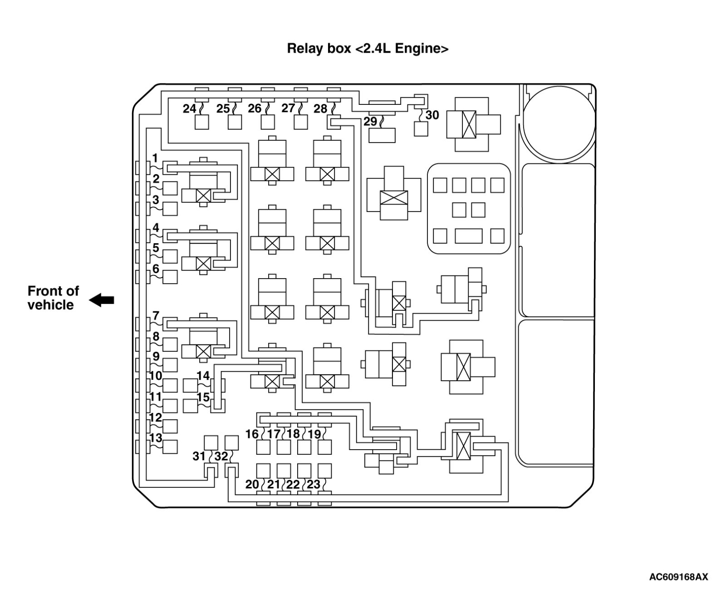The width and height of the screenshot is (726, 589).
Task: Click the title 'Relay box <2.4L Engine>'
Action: [x=368, y=49]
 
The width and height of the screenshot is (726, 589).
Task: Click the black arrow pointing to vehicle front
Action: [x=102, y=300]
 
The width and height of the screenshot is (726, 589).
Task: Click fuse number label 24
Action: [x=189, y=109]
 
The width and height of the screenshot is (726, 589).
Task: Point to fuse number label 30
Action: [x=432, y=115]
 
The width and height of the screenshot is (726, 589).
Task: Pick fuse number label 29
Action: [x=370, y=122]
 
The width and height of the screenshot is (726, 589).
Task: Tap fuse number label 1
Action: [x=155, y=158]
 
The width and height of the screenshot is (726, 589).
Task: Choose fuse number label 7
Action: [x=156, y=315]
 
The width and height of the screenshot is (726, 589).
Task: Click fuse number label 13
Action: [x=156, y=438]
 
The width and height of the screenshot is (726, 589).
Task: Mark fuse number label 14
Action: [x=203, y=376]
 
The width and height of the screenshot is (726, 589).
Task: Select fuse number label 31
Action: [x=199, y=456]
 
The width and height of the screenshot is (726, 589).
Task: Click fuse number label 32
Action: [x=221, y=456]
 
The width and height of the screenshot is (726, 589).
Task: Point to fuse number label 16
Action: [x=252, y=434]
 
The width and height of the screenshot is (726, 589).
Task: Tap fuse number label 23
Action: [x=314, y=484]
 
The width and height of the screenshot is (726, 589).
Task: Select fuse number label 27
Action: [x=288, y=108]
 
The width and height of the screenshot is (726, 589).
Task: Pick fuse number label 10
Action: [x=156, y=376]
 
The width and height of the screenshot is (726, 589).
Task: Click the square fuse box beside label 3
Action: [x=170, y=209]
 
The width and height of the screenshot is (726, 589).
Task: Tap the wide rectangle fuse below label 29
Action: [x=382, y=135]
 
